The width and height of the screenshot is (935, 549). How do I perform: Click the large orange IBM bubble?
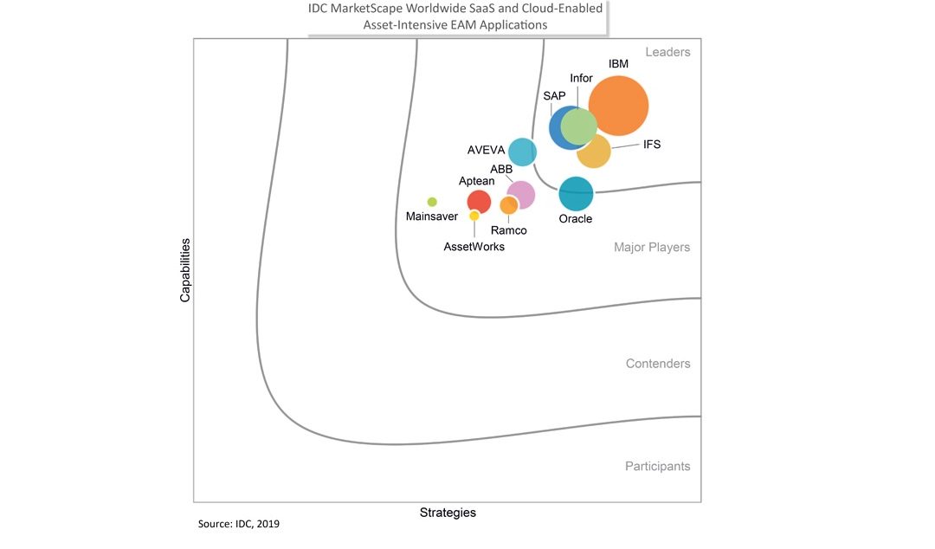[618, 107]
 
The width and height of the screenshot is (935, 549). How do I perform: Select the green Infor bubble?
[578, 126]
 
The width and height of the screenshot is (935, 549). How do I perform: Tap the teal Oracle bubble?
[576, 194]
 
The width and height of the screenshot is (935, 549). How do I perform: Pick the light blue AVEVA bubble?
[522, 152]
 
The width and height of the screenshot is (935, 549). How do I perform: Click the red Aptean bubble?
[479, 202]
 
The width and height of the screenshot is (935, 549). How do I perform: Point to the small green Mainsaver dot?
[432, 202]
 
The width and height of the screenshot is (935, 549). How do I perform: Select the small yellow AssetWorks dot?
[474, 216]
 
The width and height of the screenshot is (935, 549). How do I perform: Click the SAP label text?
[555, 95]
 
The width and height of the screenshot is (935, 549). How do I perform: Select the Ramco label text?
[509, 230]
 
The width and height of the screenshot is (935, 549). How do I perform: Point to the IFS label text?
[652, 145]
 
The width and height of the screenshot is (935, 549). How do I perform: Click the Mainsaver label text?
[432, 216]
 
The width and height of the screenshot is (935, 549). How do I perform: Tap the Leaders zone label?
[667, 52]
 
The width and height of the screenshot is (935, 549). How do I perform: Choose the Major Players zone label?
[652, 247]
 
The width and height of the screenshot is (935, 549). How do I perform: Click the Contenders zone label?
[658, 364]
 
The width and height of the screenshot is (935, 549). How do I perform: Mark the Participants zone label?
[658, 466]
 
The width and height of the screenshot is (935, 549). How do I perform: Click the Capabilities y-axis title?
[185, 270]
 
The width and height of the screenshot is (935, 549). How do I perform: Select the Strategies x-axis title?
[448, 513]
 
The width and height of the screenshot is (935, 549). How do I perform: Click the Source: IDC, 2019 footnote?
[239, 524]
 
